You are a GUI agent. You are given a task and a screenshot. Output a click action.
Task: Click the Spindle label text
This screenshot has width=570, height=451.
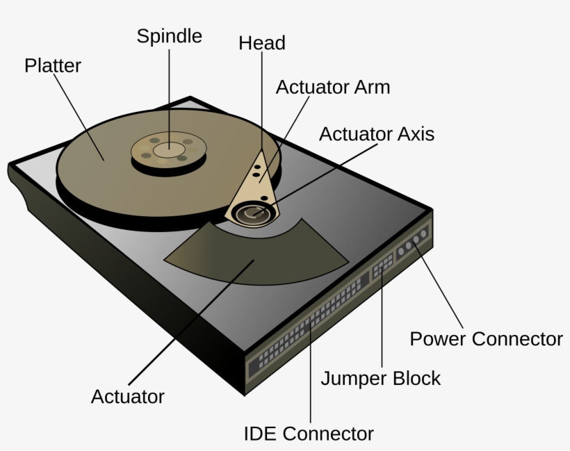169,36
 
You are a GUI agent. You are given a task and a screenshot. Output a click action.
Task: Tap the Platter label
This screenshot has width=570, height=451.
53,66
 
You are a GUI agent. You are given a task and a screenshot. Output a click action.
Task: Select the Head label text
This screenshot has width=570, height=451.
261,43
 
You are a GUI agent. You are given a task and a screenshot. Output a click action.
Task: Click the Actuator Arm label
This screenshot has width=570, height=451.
332,88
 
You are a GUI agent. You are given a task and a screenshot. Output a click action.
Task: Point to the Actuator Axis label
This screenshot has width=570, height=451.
376,133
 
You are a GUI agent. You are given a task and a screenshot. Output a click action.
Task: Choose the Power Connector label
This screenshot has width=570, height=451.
485,339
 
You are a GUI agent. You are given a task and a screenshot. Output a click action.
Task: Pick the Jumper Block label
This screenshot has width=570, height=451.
380,379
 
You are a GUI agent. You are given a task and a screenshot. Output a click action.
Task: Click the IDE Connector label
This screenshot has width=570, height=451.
309,434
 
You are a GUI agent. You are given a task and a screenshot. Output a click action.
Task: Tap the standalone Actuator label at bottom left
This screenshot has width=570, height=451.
128,397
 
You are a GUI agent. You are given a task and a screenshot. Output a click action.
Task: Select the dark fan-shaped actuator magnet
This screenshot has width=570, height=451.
257,254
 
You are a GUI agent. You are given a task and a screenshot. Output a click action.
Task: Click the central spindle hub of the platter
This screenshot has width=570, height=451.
168,148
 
